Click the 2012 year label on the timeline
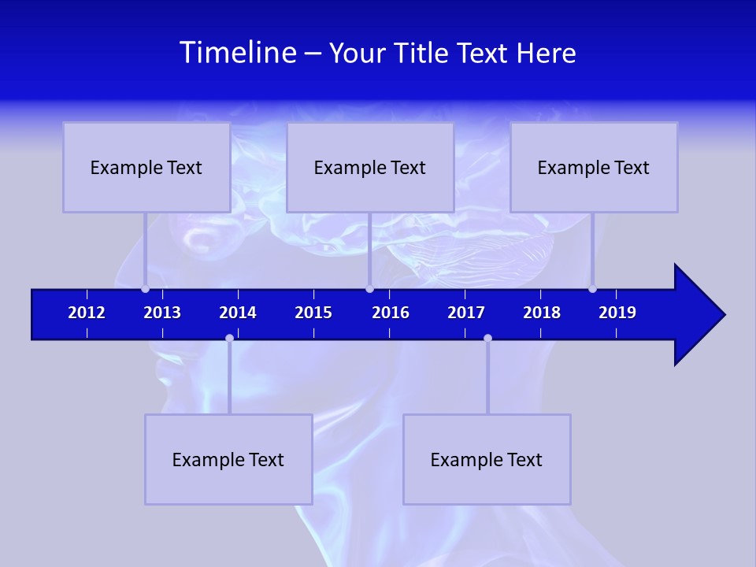point(87,313)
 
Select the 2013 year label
point(162,313)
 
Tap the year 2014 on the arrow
point(238,313)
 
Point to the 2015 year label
point(313,313)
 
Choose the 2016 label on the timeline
point(391,313)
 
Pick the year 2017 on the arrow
point(466,313)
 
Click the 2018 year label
point(542,313)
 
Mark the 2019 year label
point(617,313)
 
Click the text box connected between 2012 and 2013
point(146,167)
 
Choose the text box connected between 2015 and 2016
point(370,167)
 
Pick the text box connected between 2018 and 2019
point(594,167)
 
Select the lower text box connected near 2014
point(228,459)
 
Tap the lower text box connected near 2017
point(487,459)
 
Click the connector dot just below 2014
point(229,338)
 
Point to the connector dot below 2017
point(487,338)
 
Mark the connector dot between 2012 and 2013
point(145,288)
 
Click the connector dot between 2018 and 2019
point(592,288)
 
